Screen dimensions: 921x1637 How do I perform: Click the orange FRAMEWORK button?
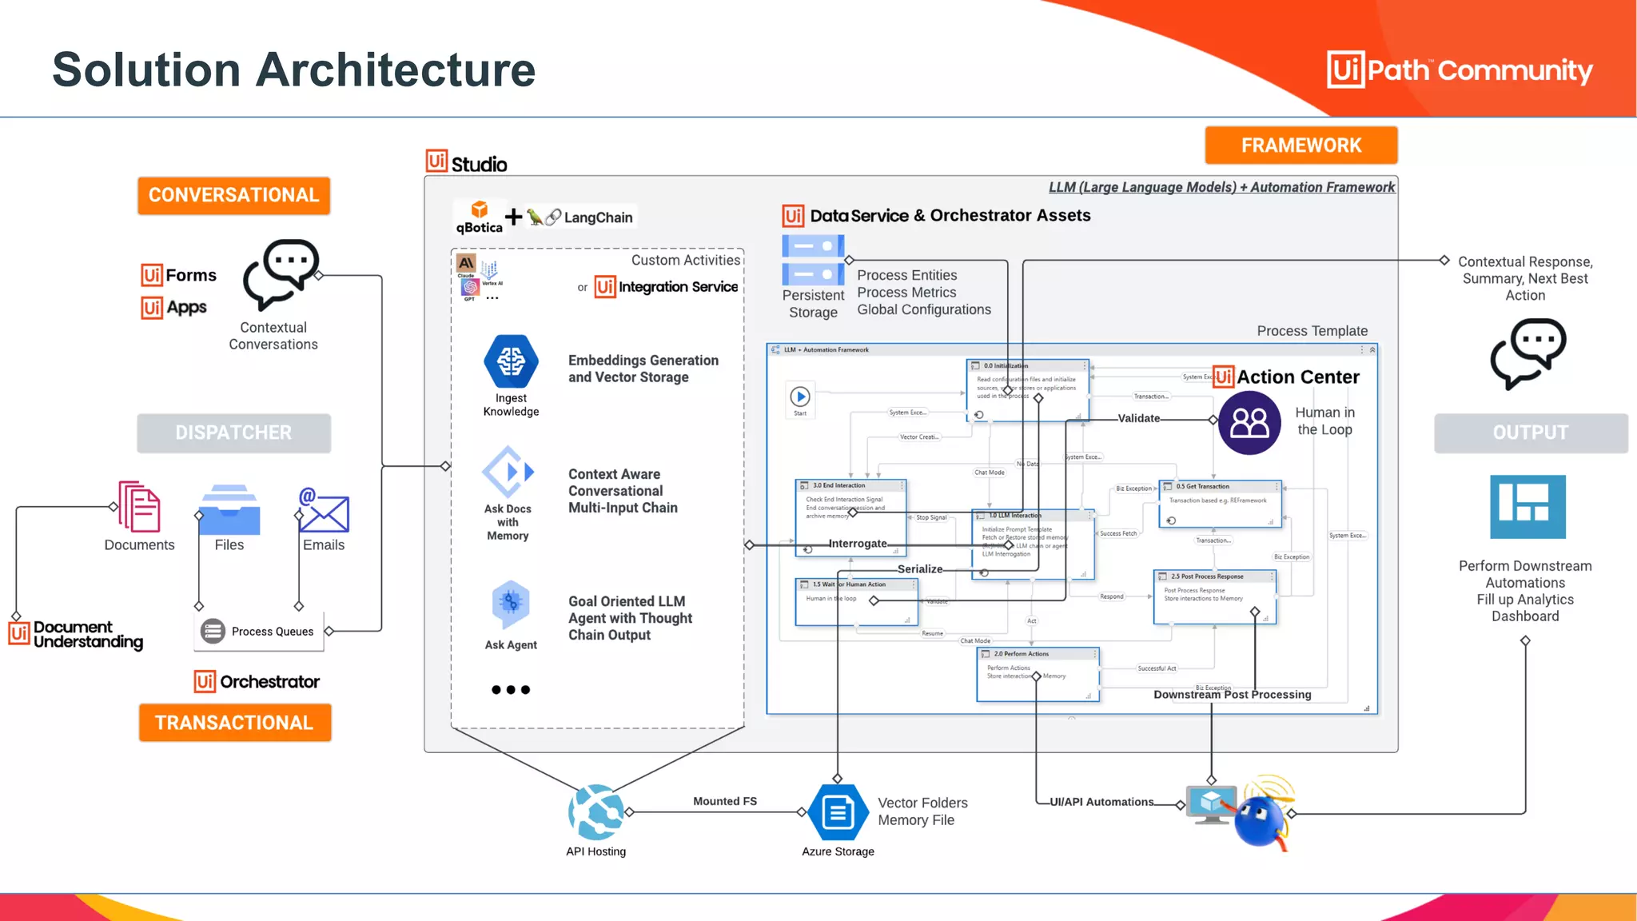(1300, 146)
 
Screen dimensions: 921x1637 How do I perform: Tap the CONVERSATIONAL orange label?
(233, 195)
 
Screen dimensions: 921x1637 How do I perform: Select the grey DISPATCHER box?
(233, 433)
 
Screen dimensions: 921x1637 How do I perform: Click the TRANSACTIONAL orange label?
(234, 723)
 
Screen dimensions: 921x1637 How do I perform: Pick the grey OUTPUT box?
(1530, 433)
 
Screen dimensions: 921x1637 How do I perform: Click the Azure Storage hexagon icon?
(838, 812)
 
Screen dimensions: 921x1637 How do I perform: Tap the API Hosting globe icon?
(596, 811)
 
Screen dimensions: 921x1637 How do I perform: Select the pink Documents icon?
(140, 506)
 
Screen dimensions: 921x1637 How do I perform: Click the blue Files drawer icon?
(229, 509)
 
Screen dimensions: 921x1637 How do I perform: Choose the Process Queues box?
(258, 631)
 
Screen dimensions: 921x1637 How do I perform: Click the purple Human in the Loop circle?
(1249, 422)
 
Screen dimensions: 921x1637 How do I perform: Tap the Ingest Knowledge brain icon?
(511, 361)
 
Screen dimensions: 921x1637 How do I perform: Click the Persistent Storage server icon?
(813, 260)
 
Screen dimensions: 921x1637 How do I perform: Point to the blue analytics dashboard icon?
(1527, 507)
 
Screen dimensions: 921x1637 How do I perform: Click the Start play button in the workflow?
(800, 397)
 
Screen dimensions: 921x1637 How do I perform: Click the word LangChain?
(598, 217)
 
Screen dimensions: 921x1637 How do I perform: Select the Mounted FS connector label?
(725, 801)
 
